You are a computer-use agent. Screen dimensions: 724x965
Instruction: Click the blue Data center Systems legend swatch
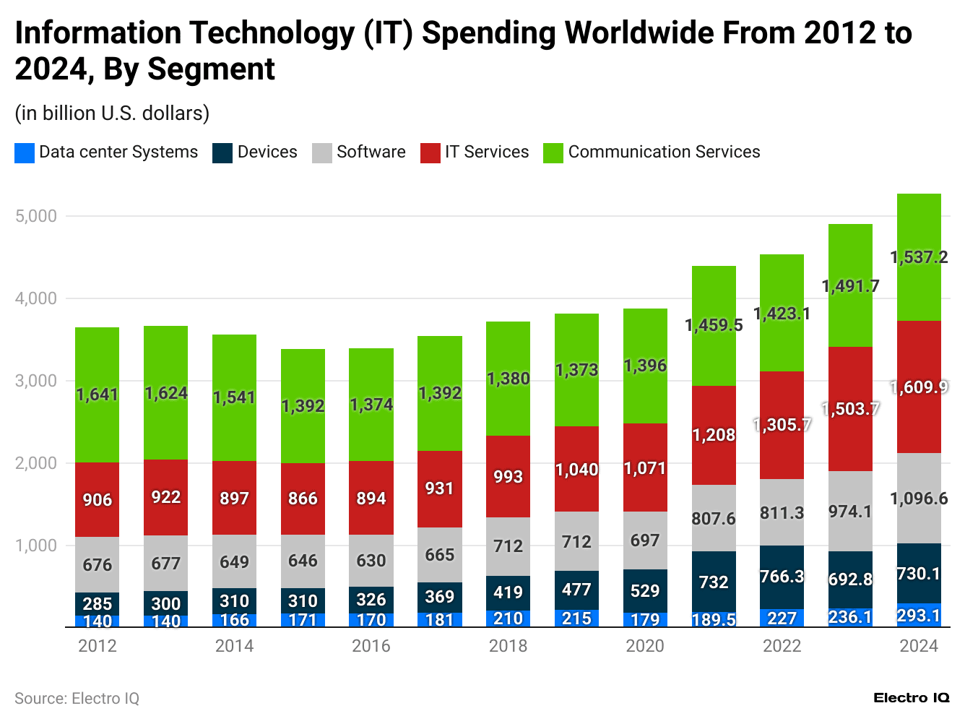click(25, 152)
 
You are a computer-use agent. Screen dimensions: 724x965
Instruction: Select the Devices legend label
click(267, 152)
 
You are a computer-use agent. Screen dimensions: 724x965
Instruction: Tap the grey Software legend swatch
click(322, 152)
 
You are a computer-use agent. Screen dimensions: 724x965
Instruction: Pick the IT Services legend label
click(487, 152)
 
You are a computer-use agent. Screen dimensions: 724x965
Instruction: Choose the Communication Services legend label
click(664, 152)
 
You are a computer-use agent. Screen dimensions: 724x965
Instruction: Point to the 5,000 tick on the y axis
click(35, 216)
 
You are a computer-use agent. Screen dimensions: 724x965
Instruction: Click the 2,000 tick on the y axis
click(35, 463)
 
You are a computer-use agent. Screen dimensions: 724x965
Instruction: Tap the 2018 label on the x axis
click(508, 645)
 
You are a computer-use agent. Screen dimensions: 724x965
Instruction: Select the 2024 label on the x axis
click(919, 645)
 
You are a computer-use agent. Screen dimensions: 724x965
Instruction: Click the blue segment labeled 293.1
click(919, 615)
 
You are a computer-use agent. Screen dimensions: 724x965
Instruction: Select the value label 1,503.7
click(850, 409)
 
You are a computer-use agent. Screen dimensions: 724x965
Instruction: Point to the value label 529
click(645, 591)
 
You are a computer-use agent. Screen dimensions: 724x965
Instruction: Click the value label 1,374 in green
click(371, 405)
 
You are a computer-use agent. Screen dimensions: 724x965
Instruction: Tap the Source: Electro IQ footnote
click(77, 699)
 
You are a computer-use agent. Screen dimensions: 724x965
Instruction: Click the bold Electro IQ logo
click(911, 698)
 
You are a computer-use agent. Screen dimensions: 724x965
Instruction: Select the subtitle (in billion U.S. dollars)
click(112, 113)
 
